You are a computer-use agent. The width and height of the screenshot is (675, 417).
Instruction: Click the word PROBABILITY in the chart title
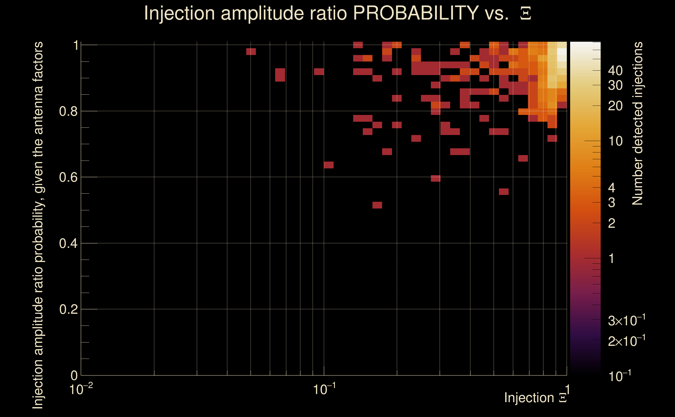pyautogui.click(x=416, y=13)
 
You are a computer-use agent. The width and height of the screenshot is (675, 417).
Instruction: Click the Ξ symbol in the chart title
pyautogui.click(x=526, y=14)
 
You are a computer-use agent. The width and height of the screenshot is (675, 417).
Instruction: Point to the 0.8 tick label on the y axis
pyautogui.click(x=68, y=112)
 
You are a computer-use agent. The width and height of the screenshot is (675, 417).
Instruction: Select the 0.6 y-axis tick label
pyautogui.click(x=68, y=177)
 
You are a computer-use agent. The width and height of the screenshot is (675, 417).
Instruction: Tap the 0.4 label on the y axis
pyautogui.click(x=68, y=243)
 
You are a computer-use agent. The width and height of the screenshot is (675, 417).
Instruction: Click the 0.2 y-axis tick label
pyautogui.click(x=68, y=309)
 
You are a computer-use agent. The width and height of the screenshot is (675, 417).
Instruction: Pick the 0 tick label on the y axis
pyautogui.click(x=74, y=376)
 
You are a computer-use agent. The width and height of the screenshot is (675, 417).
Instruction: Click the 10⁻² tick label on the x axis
pyautogui.click(x=81, y=389)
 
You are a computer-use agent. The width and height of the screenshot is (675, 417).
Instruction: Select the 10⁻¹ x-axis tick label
pyautogui.click(x=324, y=389)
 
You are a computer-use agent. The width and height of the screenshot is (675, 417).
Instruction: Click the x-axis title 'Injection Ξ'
pyautogui.click(x=535, y=398)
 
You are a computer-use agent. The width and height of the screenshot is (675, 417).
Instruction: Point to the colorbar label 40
pyautogui.click(x=615, y=71)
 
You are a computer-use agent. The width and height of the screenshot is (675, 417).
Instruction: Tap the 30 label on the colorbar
pyautogui.click(x=615, y=85)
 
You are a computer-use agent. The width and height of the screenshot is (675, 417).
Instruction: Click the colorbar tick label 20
pyautogui.click(x=615, y=106)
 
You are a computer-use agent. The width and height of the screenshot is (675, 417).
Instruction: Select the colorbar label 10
pyautogui.click(x=615, y=141)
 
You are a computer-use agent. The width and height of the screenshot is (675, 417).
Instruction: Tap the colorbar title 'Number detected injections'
pyautogui.click(x=637, y=123)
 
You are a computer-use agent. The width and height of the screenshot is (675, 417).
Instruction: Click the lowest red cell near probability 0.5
pyautogui.click(x=377, y=205)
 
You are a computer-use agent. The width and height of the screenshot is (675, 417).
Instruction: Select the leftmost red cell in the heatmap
pyautogui.click(x=251, y=52)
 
